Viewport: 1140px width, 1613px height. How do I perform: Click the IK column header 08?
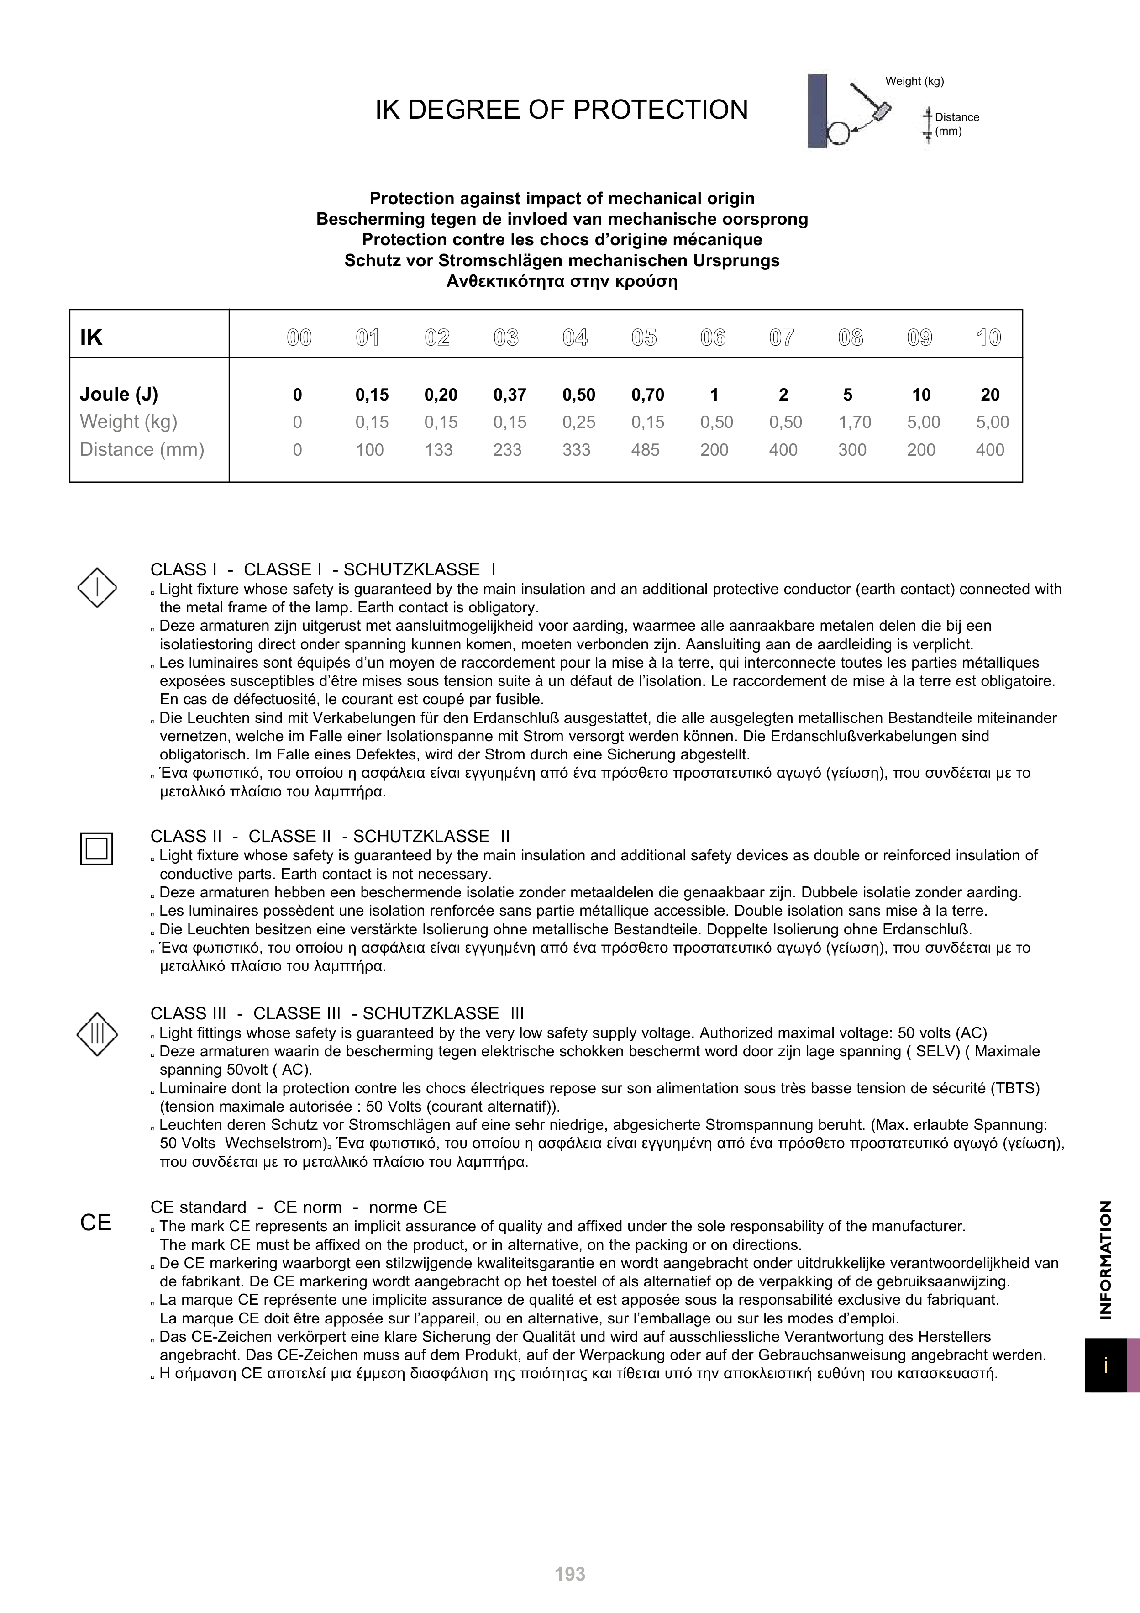851,338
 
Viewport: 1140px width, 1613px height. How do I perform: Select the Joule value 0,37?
510,395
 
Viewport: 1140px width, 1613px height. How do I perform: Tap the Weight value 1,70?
854,422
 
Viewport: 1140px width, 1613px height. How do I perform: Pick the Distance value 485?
645,450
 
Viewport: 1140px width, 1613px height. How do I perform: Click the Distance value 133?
438,450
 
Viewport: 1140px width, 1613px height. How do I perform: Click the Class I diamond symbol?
97,587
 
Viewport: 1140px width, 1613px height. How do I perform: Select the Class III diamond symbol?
97,1033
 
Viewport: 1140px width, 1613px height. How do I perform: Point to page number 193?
570,1574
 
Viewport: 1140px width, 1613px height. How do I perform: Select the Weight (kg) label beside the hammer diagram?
914,81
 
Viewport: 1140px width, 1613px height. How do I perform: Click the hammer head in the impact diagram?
882,111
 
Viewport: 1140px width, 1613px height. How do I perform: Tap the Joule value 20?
990,395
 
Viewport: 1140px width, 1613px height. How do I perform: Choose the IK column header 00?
299,338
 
